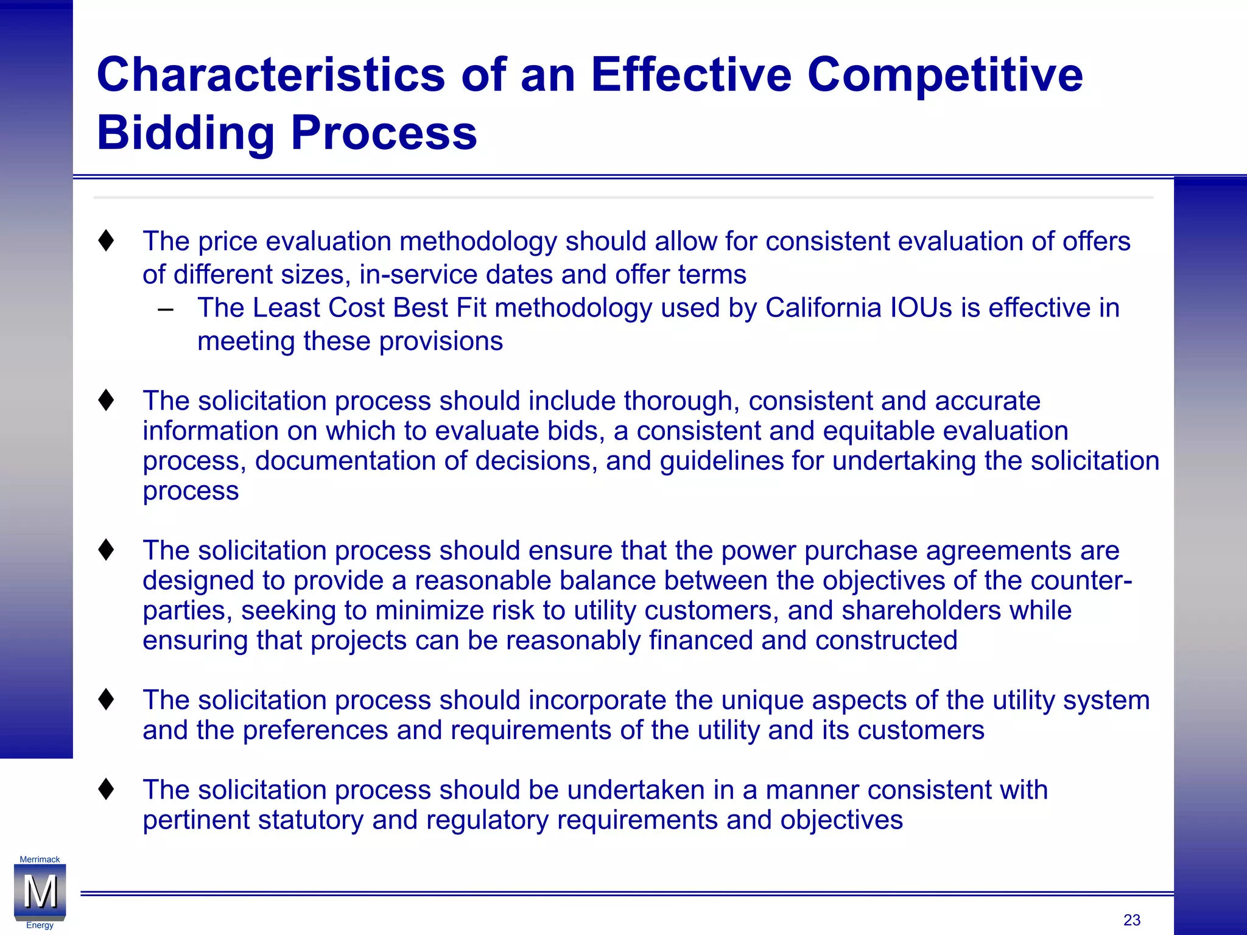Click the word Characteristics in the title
coord(271,75)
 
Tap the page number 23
coord(1132,920)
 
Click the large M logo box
coord(40,892)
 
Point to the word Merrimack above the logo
coord(40,860)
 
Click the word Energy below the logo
coord(40,925)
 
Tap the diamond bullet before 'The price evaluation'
coord(106,240)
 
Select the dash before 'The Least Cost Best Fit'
coord(165,309)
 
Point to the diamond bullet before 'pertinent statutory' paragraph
coord(106,790)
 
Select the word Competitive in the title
coord(945,75)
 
